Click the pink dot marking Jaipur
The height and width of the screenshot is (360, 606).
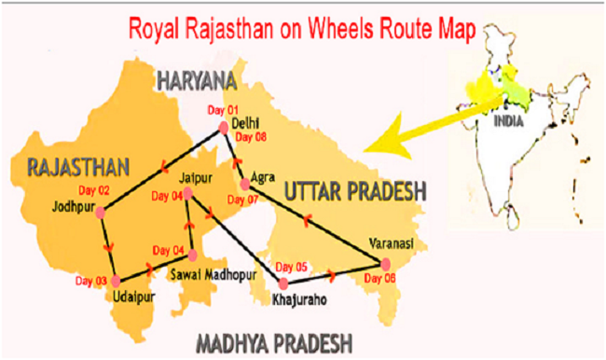[187, 194]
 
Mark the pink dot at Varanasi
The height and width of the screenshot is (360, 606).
[387, 262]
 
